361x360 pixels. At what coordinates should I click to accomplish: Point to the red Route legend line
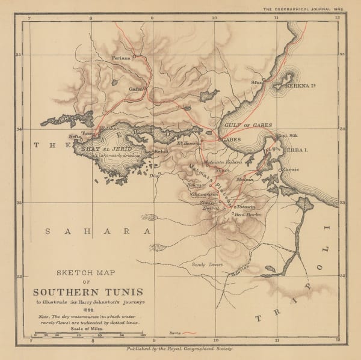pos(191,332)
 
